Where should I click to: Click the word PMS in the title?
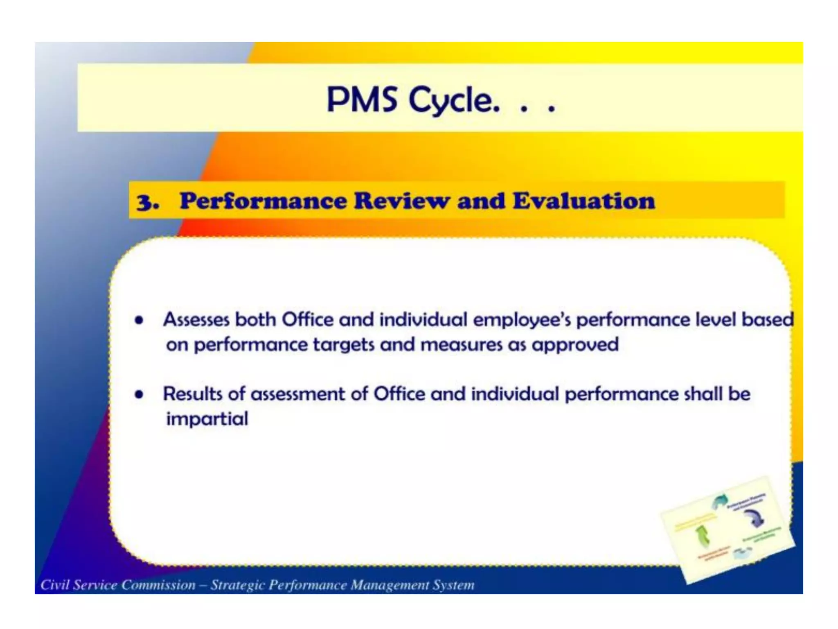coord(362,100)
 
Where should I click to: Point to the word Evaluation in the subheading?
coord(583,201)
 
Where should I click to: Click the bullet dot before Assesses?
coord(140,320)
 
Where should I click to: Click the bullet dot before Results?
coord(140,394)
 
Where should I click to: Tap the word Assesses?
coord(196,320)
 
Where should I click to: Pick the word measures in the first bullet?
coord(461,345)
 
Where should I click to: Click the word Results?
coord(192,394)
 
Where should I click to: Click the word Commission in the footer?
coord(158,585)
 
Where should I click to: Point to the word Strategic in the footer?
coord(237,585)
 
